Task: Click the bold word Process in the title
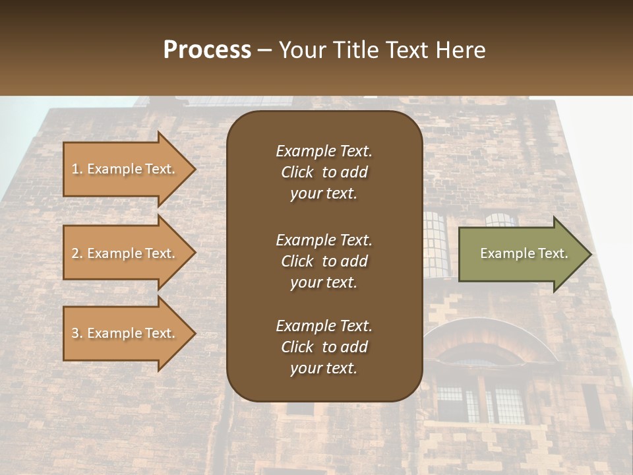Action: [x=207, y=49]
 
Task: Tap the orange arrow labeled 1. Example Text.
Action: [x=125, y=169]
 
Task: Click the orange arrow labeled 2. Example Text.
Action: [x=125, y=253]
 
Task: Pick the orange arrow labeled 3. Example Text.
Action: [x=125, y=333]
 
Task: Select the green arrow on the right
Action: [x=521, y=253]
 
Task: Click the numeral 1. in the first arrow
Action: [x=76, y=169]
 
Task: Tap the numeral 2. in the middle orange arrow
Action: [x=76, y=253]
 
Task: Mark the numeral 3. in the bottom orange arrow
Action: [x=76, y=333]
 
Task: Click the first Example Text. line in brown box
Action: [x=324, y=151]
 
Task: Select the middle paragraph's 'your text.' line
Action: [x=324, y=282]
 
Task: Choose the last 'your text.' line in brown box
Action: [x=324, y=369]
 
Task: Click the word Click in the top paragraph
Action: [x=297, y=172]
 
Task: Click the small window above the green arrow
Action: [x=501, y=220]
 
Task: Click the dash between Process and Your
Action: [x=264, y=50]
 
